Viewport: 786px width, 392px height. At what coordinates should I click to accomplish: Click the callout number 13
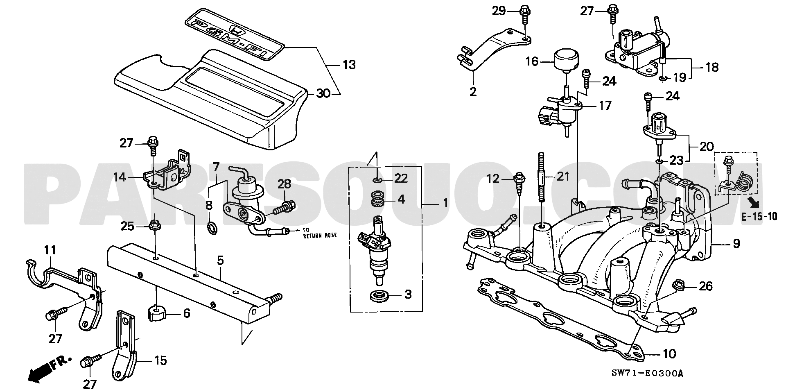[349, 65]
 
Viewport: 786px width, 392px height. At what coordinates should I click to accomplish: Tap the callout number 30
[323, 94]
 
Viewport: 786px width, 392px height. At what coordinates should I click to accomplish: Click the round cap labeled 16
[567, 61]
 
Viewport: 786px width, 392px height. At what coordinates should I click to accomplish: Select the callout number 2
[473, 92]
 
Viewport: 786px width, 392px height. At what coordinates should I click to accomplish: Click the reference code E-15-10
[759, 217]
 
